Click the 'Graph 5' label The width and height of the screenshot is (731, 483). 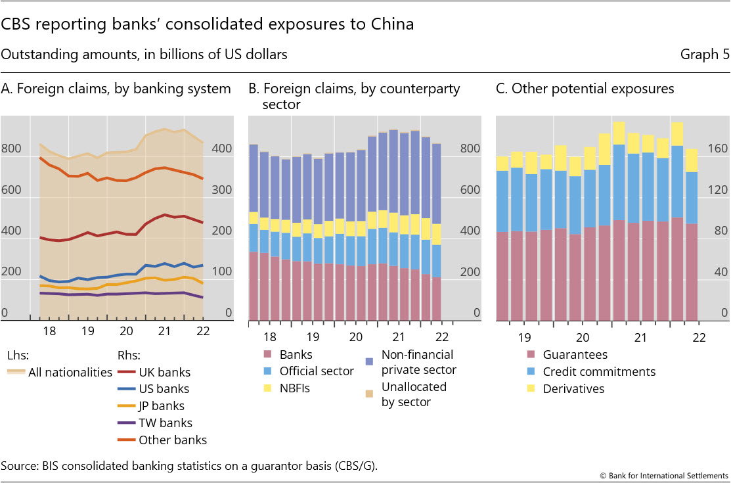(x=705, y=55)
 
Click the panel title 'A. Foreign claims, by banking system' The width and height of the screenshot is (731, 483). (x=116, y=89)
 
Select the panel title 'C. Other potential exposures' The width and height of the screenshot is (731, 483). (x=585, y=89)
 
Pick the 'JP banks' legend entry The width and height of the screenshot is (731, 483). (x=162, y=406)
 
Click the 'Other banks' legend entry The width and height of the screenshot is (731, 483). (x=172, y=440)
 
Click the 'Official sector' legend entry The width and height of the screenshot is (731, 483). (x=317, y=371)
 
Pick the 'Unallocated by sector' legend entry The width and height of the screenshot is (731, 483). (x=414, y=394)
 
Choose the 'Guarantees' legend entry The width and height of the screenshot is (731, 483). (x=575, y=355)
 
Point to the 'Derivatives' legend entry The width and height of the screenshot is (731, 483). (x=573, y=389)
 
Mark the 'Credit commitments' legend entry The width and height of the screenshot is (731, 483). (x=599, y=372)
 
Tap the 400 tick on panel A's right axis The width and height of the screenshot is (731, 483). (x=224, y=149)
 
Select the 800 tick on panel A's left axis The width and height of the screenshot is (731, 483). (x=11, y=149)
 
